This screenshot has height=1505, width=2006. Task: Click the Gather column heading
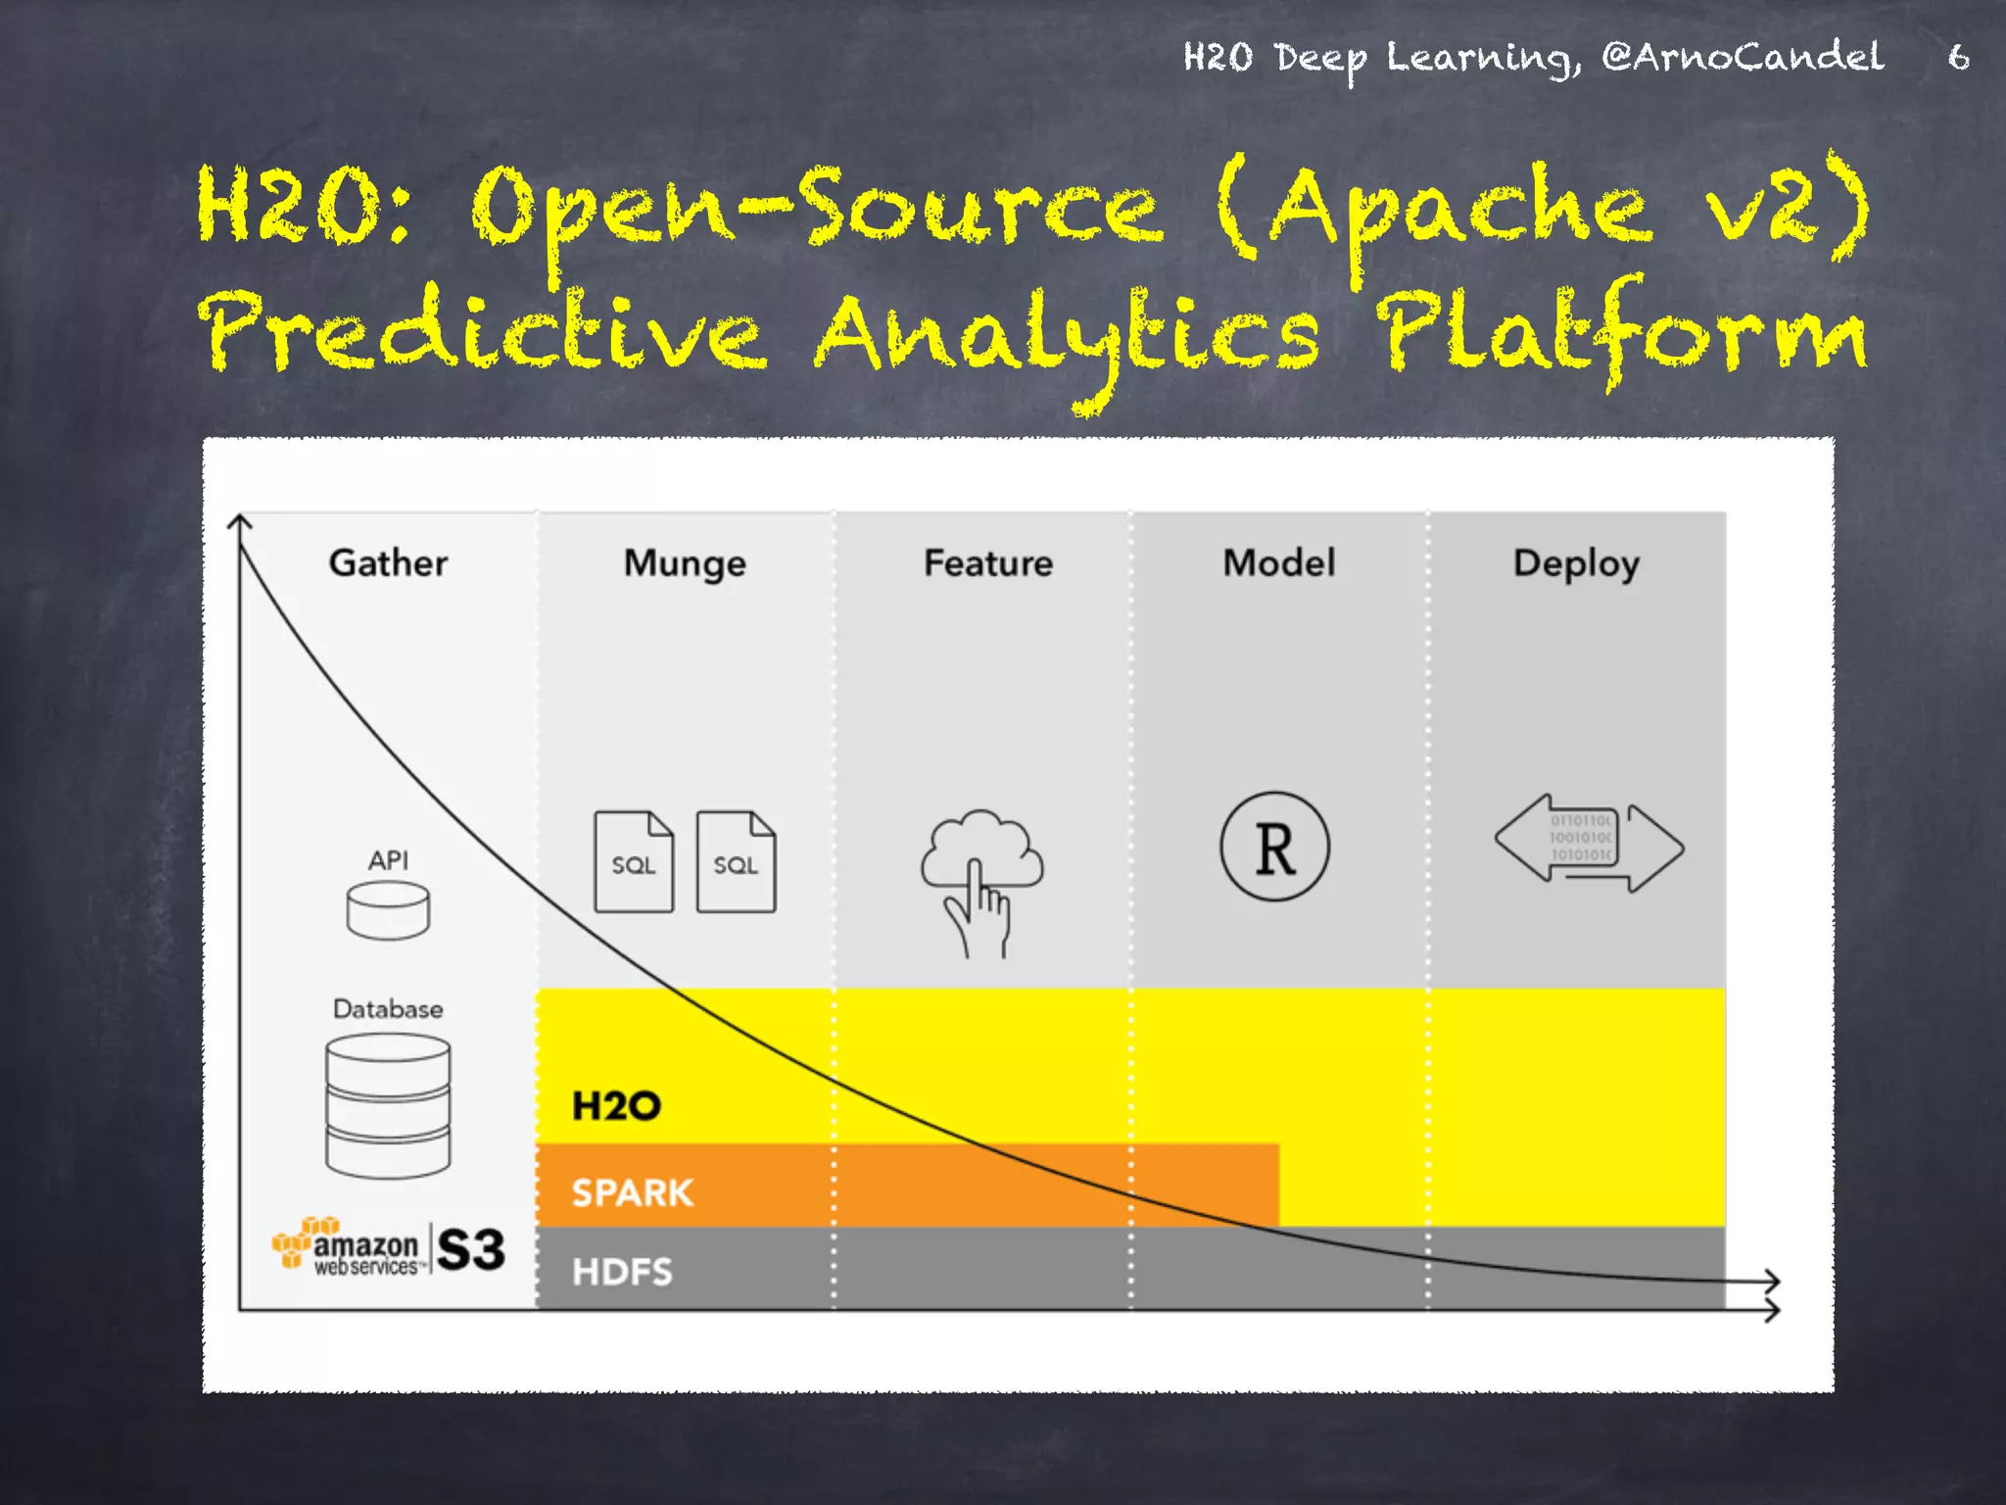point(388,562)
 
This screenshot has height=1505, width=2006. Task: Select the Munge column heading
point(685,564)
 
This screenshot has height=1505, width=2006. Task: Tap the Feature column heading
point(988,562)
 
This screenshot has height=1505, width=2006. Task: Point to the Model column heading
point(1278,562)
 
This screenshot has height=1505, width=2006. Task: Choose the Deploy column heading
point(1576,564)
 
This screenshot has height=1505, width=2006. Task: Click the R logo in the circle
point(1274,847)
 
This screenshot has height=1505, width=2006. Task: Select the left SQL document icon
point(634,861)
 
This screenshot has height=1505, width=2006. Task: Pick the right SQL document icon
point(736,861)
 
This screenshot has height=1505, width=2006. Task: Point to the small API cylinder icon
point(388,909)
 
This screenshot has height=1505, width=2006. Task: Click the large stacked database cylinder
point(388,1105)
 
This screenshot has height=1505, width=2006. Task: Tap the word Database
point(388,1008)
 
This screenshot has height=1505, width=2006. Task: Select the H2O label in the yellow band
point(616,1106)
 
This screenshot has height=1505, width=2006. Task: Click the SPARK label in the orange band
point(632,1192)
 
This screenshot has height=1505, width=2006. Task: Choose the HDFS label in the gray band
point(622,1272)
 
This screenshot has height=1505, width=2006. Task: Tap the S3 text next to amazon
point(471,1249)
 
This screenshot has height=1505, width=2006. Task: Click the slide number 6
point(1958,57)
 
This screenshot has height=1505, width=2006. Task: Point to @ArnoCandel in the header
point(1743,57)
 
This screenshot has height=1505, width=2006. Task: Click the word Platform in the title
point(1621,334)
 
